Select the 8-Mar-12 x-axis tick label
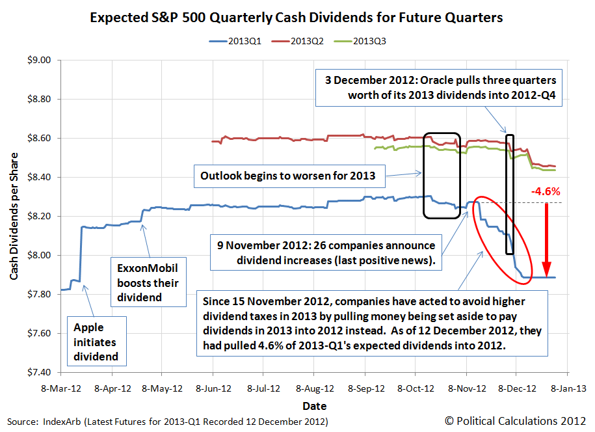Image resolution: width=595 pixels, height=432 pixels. (x=60, y=389)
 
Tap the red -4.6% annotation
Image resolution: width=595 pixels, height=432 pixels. (x=546, y=193)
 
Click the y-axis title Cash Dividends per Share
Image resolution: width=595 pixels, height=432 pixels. (x=14, y=216)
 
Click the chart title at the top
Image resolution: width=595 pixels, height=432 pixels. (x=296, y=18)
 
